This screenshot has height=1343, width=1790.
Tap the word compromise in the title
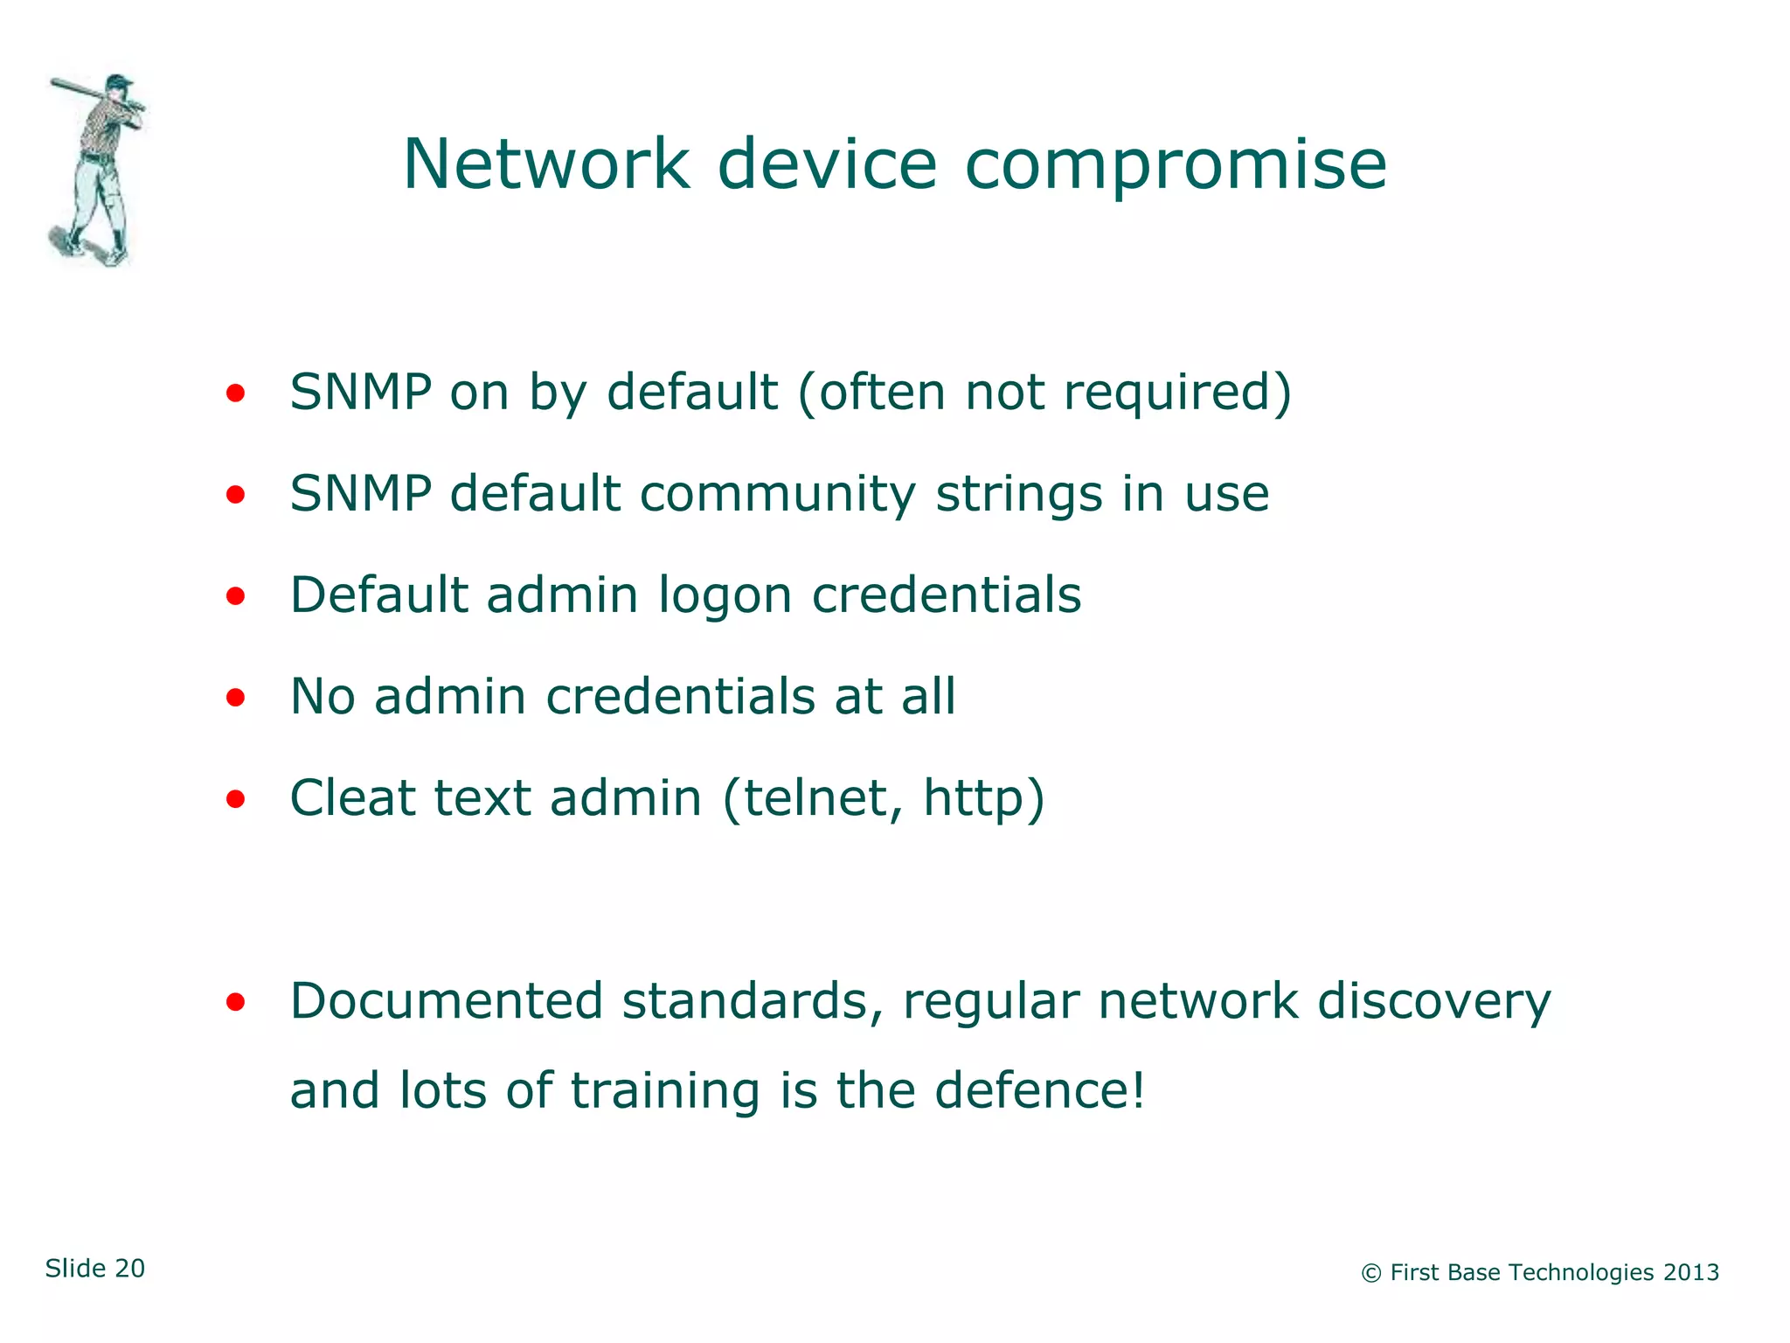1175,166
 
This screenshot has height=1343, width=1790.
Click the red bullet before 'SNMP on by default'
235,393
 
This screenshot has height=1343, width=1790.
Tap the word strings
1019,494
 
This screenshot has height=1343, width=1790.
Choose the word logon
725,595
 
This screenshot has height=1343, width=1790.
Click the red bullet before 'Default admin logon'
235,596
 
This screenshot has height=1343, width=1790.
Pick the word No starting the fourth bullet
323,696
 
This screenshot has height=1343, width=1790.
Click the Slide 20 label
95,1268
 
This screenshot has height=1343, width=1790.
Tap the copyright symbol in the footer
1371,1274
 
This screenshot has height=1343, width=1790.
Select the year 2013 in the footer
1691,1272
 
